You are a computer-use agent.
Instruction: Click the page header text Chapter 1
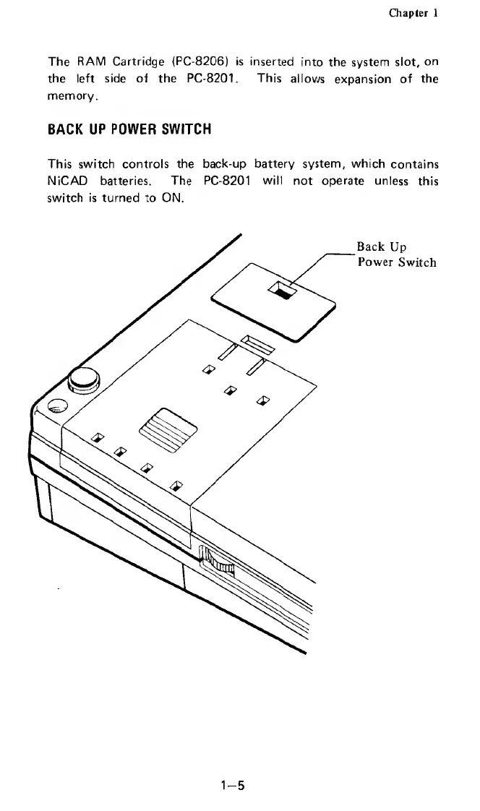coord(413,13)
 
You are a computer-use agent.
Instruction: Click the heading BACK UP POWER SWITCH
coord(129,130)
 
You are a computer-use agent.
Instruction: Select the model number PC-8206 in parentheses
coord(215,61)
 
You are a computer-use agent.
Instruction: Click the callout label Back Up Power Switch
coord(396,254)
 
